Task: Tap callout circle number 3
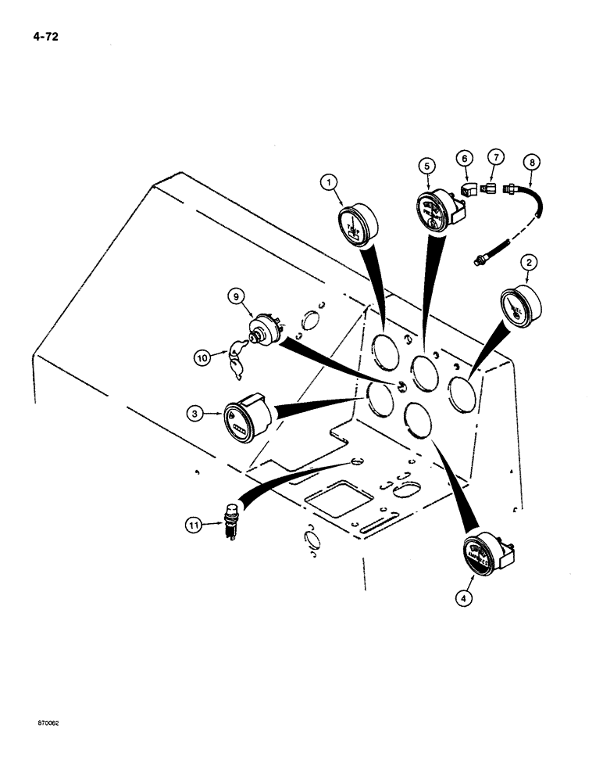193,410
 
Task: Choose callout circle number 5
426,166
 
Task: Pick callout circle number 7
494,160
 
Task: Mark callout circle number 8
532,164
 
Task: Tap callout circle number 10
202,358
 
